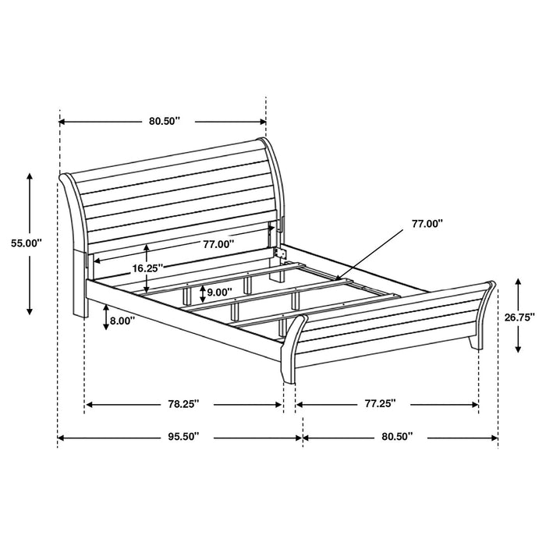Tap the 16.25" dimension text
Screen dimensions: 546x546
click(x=146, y=268)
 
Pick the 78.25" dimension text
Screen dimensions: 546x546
click(x=184, y=404)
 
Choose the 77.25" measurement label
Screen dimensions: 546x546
click(x=380, y=404)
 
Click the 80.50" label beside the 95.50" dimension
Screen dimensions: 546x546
click(x=399, y=438)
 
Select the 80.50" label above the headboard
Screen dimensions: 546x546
click(x=165, y=121)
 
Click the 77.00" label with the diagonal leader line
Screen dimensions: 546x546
click(x=427, y=224)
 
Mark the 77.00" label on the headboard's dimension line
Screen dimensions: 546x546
click(x=218, y=244)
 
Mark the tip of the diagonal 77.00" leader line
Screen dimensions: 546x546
click(x=336, y=276)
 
